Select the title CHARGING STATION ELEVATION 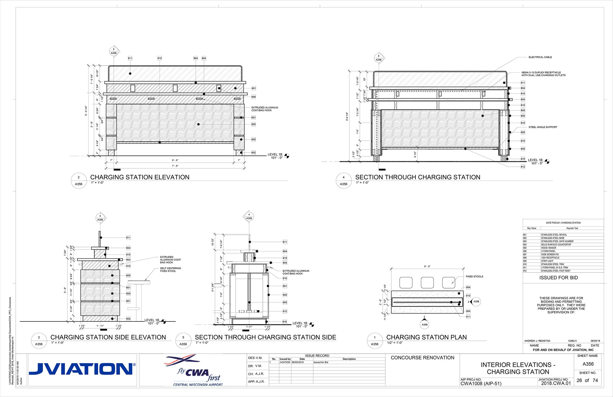(x=140, y=177)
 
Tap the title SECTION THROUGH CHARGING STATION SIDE (x=265, y=337)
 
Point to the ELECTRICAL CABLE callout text (x=540, y=57)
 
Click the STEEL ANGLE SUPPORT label (x=543, y=127)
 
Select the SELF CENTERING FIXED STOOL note (x=170, y=270)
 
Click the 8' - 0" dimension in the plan (x=427, y=266)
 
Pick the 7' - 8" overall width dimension (x=175, y=166)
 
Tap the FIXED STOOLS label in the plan (x=474, y=277)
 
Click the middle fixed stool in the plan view (x=427, y=283)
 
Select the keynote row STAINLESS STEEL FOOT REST (x=556, y=271)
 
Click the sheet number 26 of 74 (x=587, y=380)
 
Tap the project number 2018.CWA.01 (x=556, y=383)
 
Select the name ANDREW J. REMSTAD (x=537, y=341)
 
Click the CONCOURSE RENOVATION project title (x=422, y=357)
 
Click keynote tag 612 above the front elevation (x=160, y=58)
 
